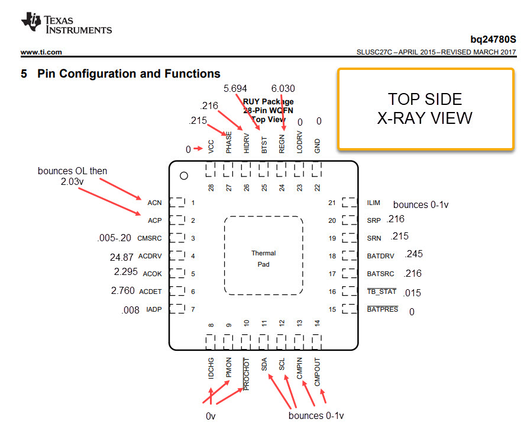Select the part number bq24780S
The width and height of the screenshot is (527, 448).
(493, 40)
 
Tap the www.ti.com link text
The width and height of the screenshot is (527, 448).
(41, 52)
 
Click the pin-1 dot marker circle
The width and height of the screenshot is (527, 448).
(184, 175)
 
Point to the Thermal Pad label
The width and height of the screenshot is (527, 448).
(264, 259)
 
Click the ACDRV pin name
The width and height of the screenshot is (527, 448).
(150, 256)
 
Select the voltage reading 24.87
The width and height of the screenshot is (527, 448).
(122, 257)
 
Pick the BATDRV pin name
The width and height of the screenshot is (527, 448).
(380, 256)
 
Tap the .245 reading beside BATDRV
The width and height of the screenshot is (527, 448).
(414, 254)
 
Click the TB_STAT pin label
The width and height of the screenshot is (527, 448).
(382, 292)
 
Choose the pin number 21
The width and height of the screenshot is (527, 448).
(332, 203)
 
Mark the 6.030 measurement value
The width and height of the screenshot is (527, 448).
(283, 88)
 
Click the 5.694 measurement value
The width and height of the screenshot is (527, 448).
(235, 88)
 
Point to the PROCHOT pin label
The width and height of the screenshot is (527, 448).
(247, 374)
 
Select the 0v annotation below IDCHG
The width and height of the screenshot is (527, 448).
(211, 417)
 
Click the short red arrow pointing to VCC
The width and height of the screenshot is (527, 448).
(198, 148)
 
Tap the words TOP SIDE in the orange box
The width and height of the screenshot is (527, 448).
(425, 100)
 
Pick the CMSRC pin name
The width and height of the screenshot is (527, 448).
(150, 238)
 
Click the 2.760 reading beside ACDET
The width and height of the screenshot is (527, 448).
(122, 290)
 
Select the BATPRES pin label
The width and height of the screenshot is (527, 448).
(383, 309)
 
